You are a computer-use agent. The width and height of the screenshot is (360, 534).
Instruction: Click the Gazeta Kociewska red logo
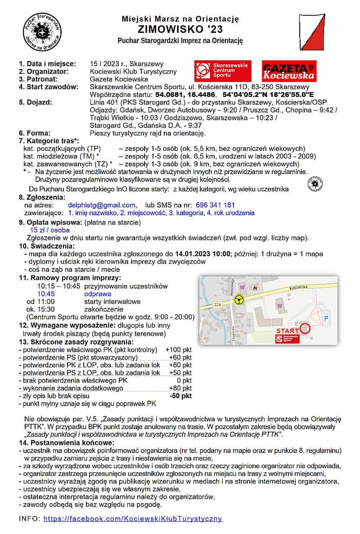click(x=289, y=71)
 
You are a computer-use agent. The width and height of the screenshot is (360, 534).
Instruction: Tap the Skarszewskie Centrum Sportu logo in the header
click(x=223, y=71)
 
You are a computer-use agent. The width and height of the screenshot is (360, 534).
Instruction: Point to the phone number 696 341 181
click(x=216, y=205)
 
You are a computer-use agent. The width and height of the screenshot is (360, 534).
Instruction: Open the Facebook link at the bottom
click(x=133, y=518)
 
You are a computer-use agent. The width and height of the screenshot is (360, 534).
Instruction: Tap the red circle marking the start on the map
click(x=305, y=328)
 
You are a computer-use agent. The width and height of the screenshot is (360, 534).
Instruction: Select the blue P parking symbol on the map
click(x=327, y=318)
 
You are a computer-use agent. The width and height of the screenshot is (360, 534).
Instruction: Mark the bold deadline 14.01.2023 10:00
click(x=203, y=254)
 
